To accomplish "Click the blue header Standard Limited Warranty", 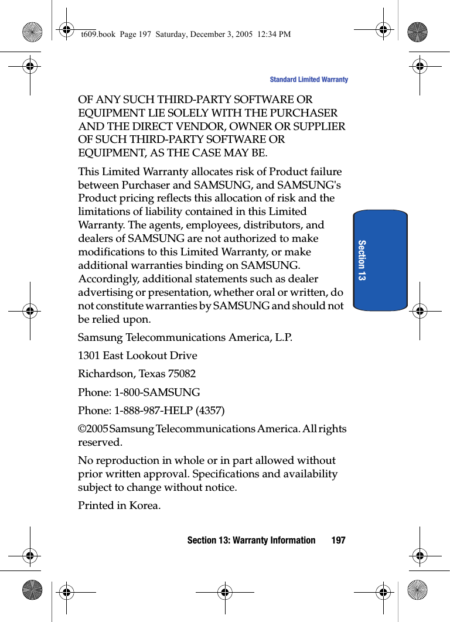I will point(308,80).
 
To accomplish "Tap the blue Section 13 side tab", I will point(380,259).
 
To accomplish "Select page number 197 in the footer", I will point(338,540).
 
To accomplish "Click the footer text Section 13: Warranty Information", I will point(251,540).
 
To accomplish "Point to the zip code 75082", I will point(182,374).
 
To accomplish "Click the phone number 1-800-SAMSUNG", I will point(157,392).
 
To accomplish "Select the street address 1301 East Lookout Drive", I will point(138,356).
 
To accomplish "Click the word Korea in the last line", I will point(144,505).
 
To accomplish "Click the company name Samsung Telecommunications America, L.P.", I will point(185,337).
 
